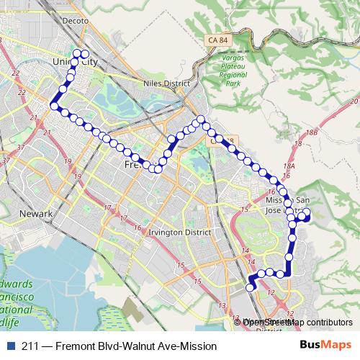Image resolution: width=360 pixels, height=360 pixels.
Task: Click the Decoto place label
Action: pos(76,21)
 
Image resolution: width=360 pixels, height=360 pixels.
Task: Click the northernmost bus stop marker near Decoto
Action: pos(78,53)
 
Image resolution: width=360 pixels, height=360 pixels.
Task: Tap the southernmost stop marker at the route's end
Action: pos(251,287)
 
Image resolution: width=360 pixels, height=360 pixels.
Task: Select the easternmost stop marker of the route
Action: pos(307,212)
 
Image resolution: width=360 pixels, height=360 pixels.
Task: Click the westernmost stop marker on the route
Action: pos(53,107)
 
